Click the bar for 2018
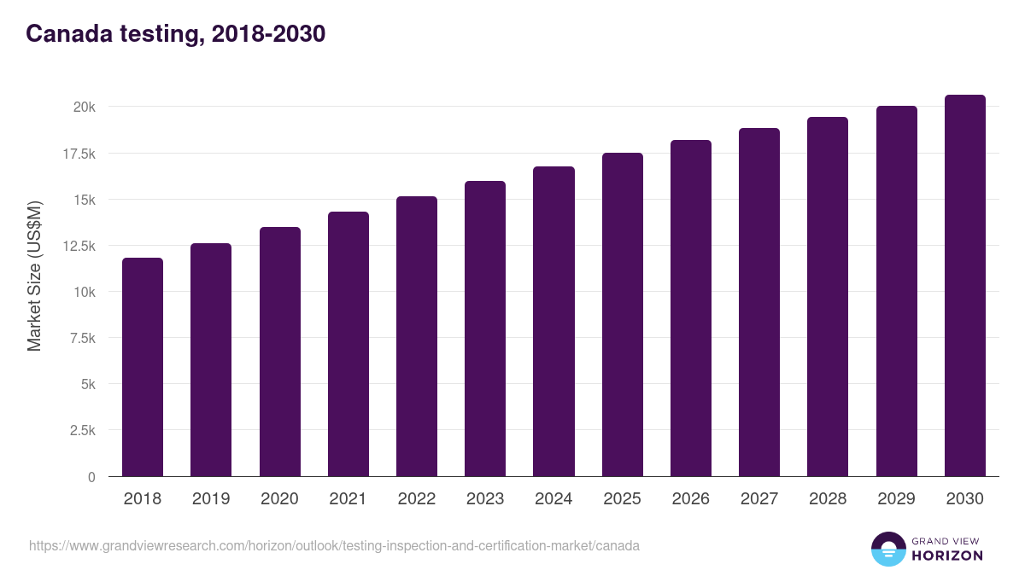point(143,367)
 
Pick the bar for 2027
point(759,302)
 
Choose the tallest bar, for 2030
point(964,286)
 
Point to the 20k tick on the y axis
point(84,108)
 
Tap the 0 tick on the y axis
point(91,477)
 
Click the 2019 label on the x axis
point(211,499)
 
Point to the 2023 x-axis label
point(485,499)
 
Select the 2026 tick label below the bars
point(690,499)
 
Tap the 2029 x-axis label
point(896,499)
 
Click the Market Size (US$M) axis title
point(34,276)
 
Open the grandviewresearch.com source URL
point(334,545)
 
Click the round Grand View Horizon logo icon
point(887,549)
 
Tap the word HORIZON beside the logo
point(948,556)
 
